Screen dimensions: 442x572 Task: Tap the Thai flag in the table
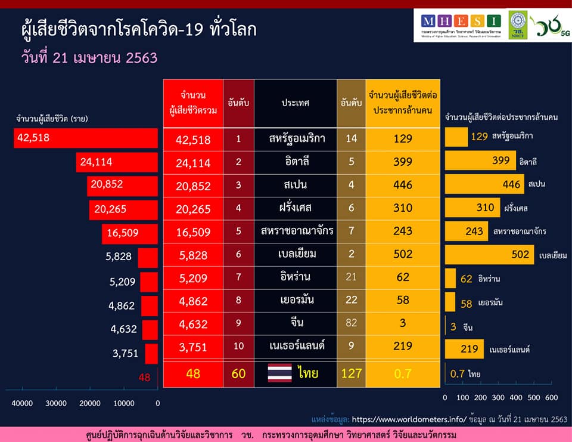[279, 374]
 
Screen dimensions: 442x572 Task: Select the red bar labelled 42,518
[86, 138]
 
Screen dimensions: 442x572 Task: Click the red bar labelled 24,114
[117, 162]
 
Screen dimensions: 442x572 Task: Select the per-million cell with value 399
[403, 162]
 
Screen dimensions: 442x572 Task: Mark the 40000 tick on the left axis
[22, 403]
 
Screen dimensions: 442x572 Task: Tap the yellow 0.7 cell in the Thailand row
[403, 374]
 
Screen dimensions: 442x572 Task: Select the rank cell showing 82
[351, 324]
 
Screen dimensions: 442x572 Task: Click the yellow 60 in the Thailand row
[238, 374]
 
